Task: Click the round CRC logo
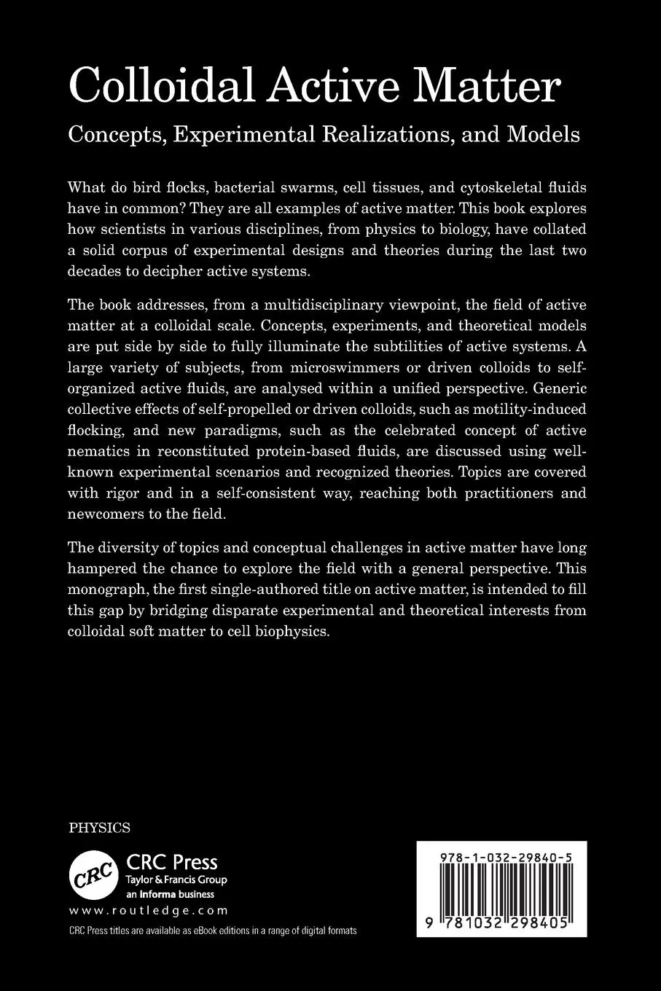coord(93,872)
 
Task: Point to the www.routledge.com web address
coord(149,910)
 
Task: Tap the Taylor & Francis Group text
coord(176,880)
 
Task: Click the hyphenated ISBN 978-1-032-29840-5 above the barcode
coord(501,860)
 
